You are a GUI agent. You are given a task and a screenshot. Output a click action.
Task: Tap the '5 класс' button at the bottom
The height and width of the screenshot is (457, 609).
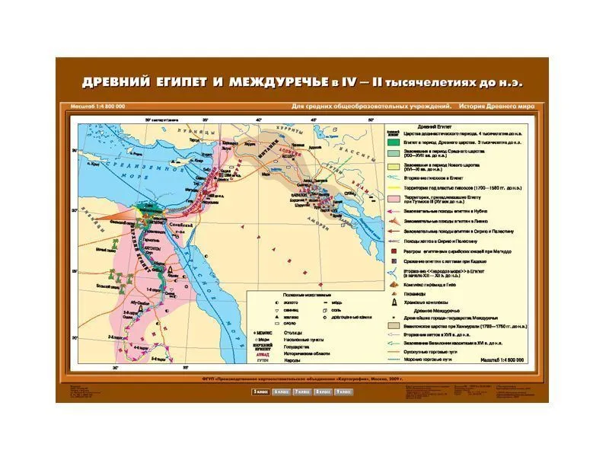click(260, 391)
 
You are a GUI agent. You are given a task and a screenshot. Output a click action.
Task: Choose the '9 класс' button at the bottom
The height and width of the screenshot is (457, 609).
click(343, 391)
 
